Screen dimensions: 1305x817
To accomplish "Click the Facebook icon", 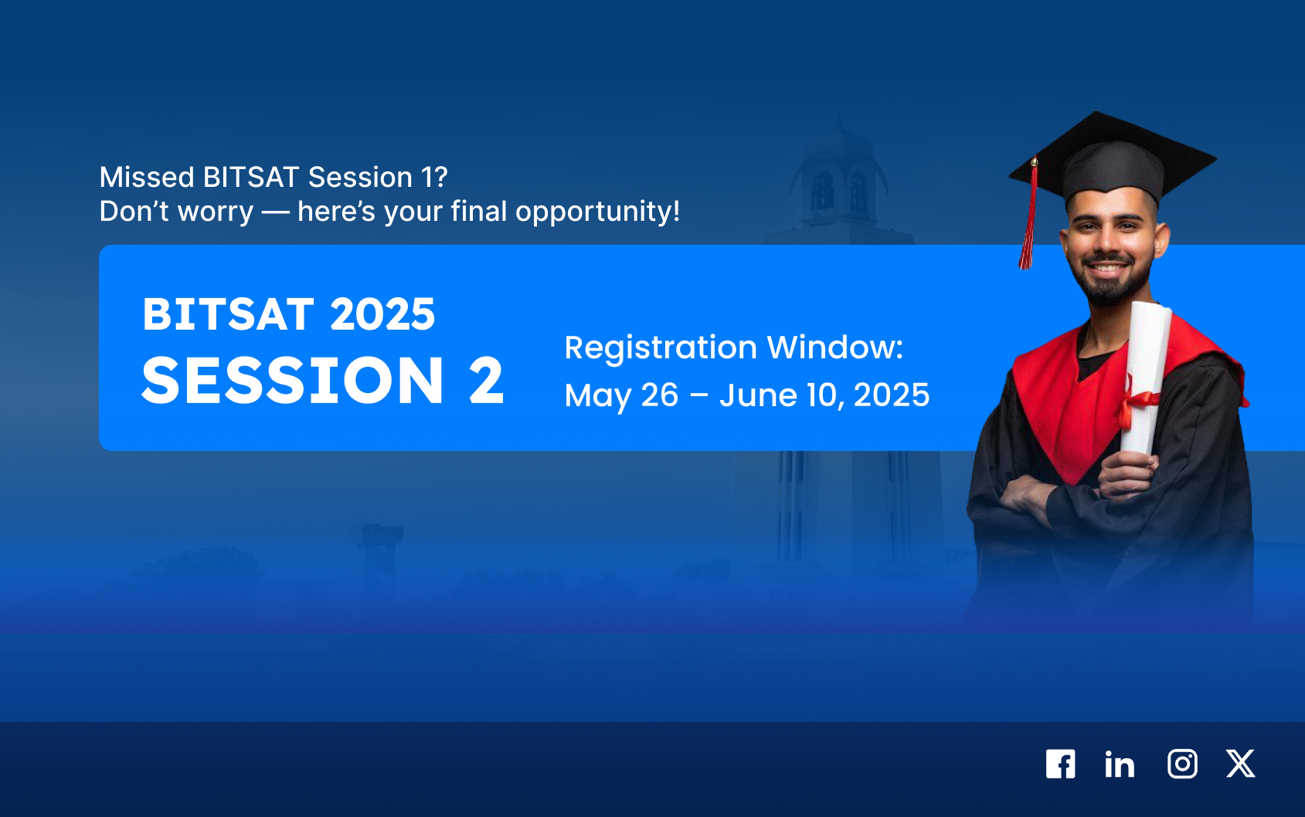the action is tap(1060, 764).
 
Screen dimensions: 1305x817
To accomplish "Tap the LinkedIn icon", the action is tap(1120, 764).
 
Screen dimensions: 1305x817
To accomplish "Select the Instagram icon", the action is tap(1182, 764).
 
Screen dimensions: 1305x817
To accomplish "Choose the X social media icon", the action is tap(1241, 764).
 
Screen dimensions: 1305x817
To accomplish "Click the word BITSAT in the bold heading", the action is tap(229, 314).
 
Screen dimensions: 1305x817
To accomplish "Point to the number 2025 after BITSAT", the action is tap(382, 314).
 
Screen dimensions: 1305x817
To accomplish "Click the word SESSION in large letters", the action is tap(293, 380).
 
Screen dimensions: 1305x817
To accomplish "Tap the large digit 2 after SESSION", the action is tap(486, 380).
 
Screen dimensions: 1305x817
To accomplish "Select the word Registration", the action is tap(661, 347).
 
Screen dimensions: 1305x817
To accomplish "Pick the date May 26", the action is tap(622, 396).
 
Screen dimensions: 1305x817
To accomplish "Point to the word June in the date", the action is tap(758, 395).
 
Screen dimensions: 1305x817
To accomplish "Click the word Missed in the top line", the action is tap(147, 177).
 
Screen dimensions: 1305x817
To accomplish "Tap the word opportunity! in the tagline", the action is tap(598, 212).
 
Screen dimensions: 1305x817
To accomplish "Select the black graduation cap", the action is tap(1113, 158).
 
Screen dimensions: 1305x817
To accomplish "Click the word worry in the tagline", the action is tap(216, 212).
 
